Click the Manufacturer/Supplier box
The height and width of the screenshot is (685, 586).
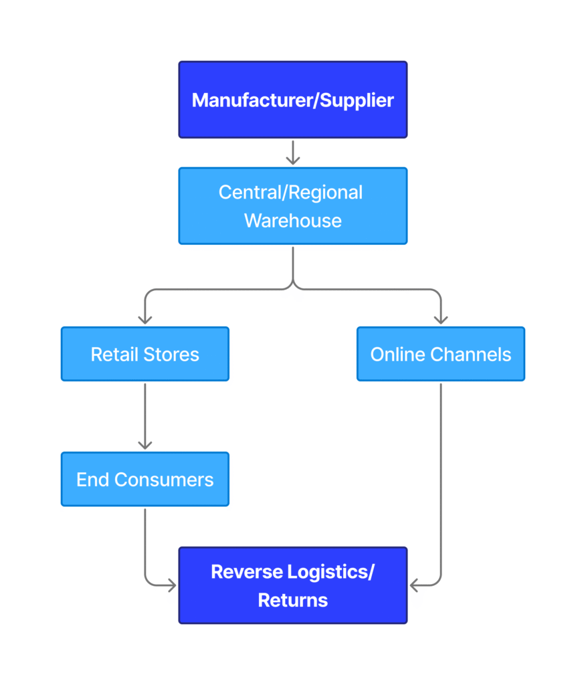click(x=292, y=100)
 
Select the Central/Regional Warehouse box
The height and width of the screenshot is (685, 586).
click(x=292, y=206)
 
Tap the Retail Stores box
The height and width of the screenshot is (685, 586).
click(x=144, y=354)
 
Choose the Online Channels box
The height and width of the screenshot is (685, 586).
click(x=440, y=354)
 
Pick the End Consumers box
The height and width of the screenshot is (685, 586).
click(x=144, y=479)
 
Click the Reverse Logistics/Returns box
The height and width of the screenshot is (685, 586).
click(x=292, y=585)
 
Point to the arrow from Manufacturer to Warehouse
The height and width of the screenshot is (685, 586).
click(x=292, y=153)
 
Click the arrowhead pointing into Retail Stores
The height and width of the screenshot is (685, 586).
click(x=144, y=319)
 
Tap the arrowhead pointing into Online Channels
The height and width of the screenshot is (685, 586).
click(x=440, y=319)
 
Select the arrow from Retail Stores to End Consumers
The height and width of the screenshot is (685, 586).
click(x=144, y=416)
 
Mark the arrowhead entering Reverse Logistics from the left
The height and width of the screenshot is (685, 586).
click(x=171, y=586)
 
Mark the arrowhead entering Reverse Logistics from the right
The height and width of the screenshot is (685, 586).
click(x=415, y=586)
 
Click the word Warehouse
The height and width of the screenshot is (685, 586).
click(x=292, y=221)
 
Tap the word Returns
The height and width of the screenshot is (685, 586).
click(x=292, y=600)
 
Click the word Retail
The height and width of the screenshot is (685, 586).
click(x=111, y=355)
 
